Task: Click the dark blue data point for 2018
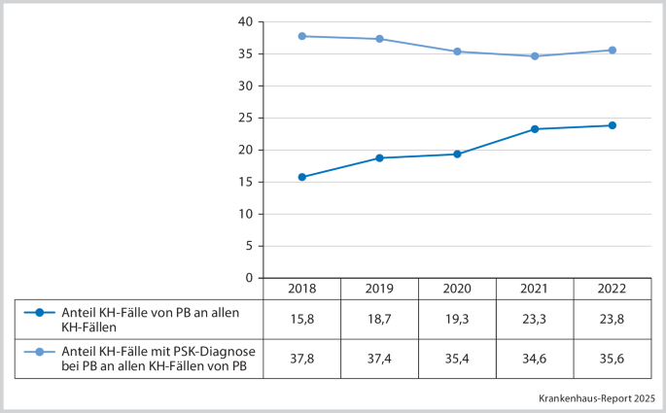[302, 177]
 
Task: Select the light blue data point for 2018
[302, 36]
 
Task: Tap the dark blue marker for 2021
[535, 129]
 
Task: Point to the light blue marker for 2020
[457, 52]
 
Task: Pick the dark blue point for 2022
[612, 125]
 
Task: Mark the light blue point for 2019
[380, 39]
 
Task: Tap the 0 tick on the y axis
[249, 278]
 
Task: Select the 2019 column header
[380, 290]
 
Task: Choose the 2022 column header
[612, 290]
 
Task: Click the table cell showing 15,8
[302, 318]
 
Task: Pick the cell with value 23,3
[535, 318]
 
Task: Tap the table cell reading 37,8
[302, 359]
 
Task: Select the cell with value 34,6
[535, 359]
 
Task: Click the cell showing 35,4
[457, 359]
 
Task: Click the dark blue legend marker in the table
[39, 312]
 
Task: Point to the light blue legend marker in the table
[39, 352]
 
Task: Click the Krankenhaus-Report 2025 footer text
[596, 398]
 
